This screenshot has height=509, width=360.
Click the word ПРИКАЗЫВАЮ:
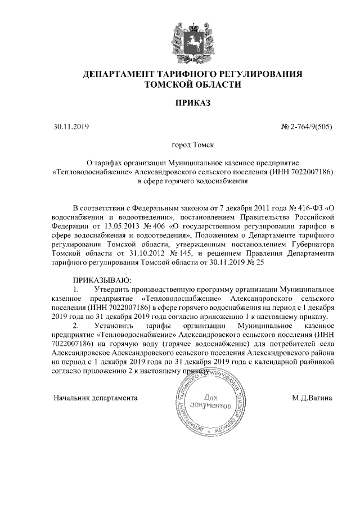coord(101,280)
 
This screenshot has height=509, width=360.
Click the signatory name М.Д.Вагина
coord(312,398)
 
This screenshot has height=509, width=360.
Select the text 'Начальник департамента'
coord(96,398)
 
